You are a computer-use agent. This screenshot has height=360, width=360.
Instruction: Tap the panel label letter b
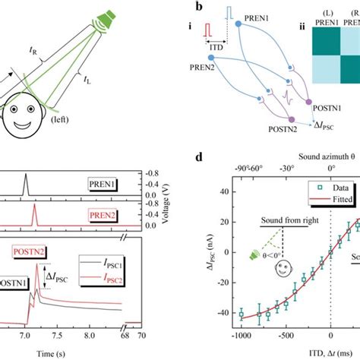pos(199,7)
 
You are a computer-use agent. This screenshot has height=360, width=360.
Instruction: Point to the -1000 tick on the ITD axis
pos(241,334)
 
